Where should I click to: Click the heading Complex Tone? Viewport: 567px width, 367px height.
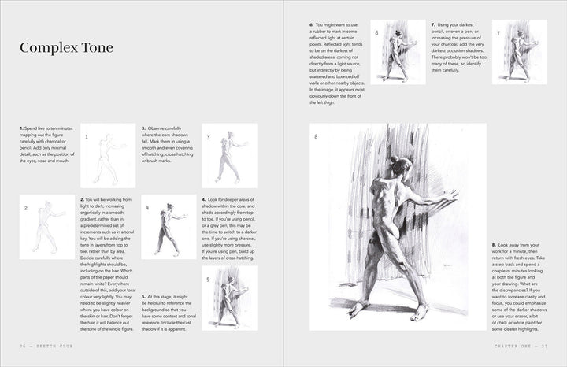[x=67, y=48]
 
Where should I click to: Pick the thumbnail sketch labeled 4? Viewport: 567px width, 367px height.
[x=169, y=227]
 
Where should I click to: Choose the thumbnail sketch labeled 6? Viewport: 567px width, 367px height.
[x=398, y=52]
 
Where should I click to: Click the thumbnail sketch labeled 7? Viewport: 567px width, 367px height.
[x=519, y=52]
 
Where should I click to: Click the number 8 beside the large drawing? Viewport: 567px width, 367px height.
[x=316, y=136]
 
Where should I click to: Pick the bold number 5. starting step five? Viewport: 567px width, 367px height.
[x=143, y=274]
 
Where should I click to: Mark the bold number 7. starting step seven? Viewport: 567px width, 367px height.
[x=433, y=24]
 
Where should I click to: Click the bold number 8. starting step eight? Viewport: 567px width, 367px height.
[x=493, y=246]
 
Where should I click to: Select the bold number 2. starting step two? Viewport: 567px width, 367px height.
[x=82, y=200]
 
